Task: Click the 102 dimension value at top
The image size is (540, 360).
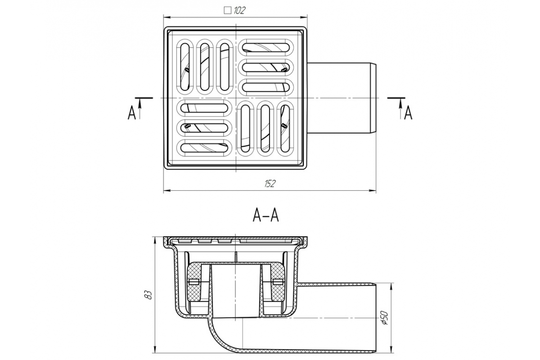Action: click(x=239, y=11)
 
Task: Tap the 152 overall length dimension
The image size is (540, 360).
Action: click(x=270, y=184)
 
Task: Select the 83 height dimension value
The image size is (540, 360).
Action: click(x=149, y=295)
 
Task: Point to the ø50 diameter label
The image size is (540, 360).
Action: click(x=385, y=318)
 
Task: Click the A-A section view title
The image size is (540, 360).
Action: click(x=265, y=216)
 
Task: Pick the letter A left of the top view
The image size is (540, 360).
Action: click(x=131, y=113)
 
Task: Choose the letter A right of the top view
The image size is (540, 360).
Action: click(x=408, y=113)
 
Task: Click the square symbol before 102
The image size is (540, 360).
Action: click(x=228, y=11)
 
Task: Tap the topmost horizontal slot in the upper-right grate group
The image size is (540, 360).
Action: click(x=266, y=48)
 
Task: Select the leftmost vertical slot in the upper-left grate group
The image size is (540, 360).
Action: click(x=185, y=67)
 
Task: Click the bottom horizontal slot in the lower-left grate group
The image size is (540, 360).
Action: click(x=204, y=148)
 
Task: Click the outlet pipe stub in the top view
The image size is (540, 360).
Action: click(x=342, y=98)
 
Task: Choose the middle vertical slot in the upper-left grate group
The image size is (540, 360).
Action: click(x=205, y=67)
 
